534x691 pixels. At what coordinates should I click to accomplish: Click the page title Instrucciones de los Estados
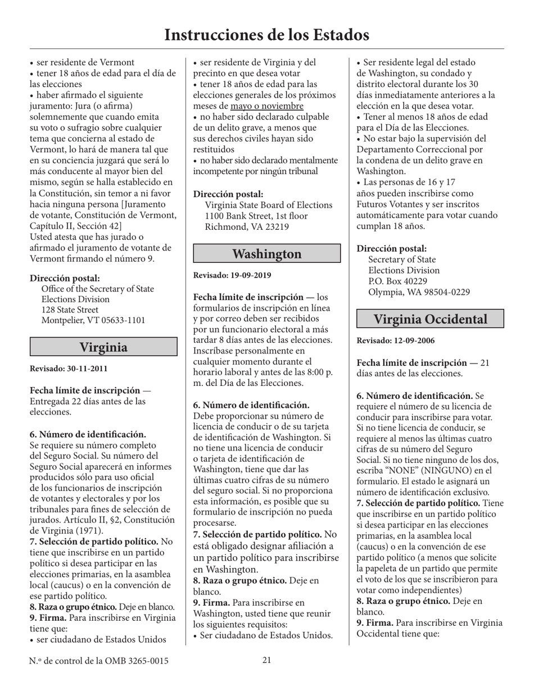click(266, 35)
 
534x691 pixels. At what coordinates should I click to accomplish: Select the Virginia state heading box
click(103, 347)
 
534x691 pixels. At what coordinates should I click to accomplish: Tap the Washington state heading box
click(267, 253)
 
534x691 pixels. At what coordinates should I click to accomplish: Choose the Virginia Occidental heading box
click(431, 319)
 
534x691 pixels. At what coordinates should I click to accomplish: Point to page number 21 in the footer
click(267, 660)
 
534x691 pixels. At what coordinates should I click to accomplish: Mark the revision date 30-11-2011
click(84, 369)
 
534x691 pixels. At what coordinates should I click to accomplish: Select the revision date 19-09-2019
click(247, 275)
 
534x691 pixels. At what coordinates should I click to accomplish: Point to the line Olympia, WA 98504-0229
click(419, 292)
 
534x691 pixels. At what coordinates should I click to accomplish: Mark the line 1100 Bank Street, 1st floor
click(256, 216)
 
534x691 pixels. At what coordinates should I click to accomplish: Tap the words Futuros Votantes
click(393, 204)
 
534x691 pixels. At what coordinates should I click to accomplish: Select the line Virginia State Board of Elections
click(268, 205)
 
